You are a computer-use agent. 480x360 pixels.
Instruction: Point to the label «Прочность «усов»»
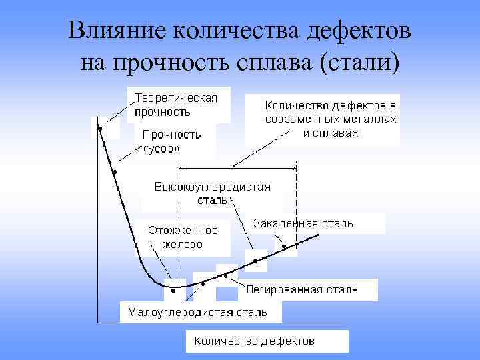171,142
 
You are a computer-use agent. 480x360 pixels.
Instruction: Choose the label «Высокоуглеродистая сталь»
213,193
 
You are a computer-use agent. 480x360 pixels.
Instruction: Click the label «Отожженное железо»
183,237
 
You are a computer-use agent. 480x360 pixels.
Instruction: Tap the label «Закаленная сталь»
304,224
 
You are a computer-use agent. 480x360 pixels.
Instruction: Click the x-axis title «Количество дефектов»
254,341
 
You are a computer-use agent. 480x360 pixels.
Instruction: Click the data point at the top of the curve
99,129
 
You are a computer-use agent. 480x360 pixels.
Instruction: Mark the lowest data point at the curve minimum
173,291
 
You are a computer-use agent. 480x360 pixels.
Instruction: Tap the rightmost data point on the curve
285,247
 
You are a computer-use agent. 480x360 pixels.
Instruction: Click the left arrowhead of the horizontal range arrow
184,167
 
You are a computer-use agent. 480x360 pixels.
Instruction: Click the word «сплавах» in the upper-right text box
339,133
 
